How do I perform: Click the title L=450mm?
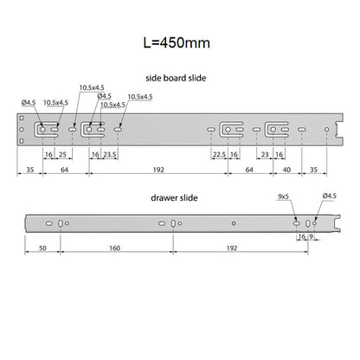click(x=177, y=43)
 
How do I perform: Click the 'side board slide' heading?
click(x=176, y=78)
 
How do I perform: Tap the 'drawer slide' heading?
click(x=174, y=198)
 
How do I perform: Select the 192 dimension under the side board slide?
click(x=158, y=170)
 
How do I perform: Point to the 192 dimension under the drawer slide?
click(x=232, y=248)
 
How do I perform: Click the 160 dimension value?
click(x=114, y=248)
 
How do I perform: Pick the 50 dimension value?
click(x=42, y=248)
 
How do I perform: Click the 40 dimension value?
click(x=286, y=170)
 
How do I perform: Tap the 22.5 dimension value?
click(x=219, y=155)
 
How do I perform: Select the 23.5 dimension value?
click(x=110, y=155)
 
